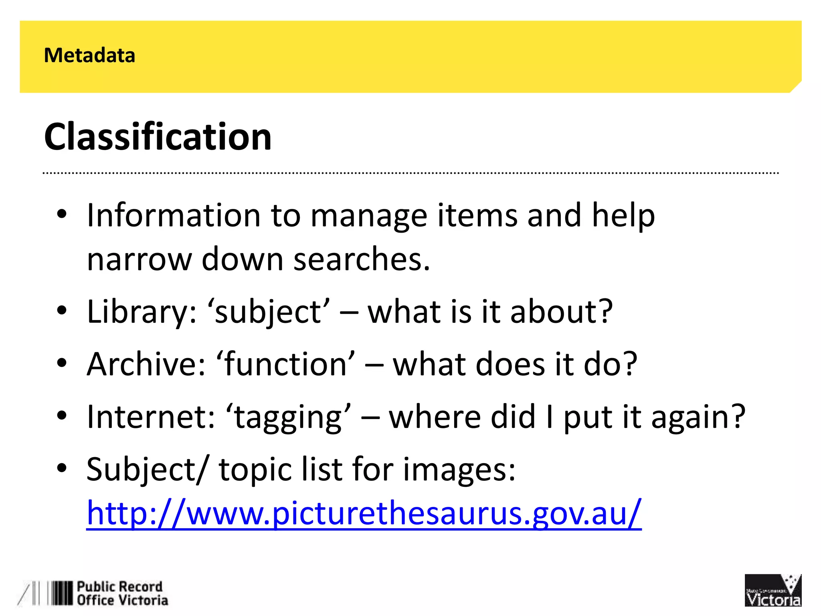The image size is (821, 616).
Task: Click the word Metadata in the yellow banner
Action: pyautogui.click(x=89, y=55)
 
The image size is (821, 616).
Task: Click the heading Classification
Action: pyautogui.click(x=158, y=137)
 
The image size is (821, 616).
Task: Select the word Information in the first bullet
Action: pyautogui.click(x=174, y=215)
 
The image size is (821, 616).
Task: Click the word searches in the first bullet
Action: pyautogui.click(x=362, y=259)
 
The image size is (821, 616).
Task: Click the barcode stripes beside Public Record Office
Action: pyautogui.click(x=60, y=593)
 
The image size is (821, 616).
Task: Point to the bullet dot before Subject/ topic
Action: pyautogui.click(x=61, y=468)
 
